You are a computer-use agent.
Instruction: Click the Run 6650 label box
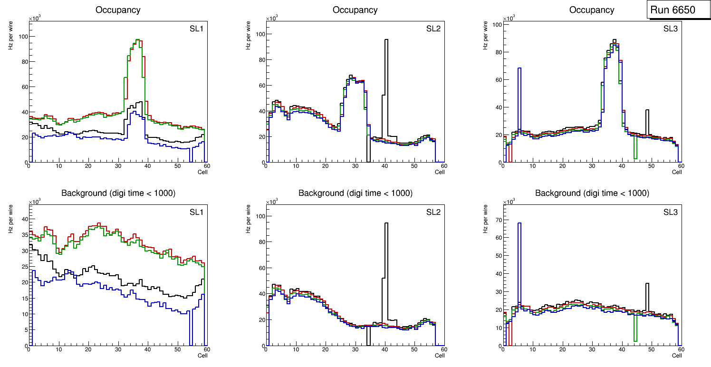pos(678,10)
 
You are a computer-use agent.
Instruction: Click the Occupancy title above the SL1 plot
pos(118,10)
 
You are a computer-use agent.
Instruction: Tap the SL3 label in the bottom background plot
pos(671,212)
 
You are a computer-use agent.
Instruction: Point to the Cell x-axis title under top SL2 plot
pos(440,172)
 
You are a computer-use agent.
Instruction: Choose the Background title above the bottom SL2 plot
pos(355,193)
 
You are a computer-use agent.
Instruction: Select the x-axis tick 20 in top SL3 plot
pos(562,166)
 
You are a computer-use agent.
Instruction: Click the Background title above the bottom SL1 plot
pos(118,193)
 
